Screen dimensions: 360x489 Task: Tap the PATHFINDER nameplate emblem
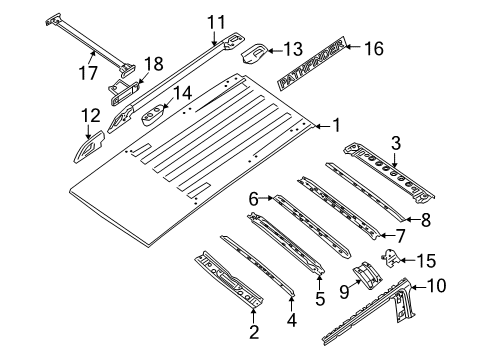point(313,64)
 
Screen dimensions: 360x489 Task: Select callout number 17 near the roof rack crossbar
point(88,72)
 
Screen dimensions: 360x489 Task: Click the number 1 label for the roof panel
point(336,126)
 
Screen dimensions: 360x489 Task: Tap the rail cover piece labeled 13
point(255,51)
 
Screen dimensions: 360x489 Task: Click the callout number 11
point(217,21)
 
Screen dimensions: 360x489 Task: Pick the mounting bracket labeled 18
point(122,91)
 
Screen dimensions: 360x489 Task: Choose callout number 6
point(254,199)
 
